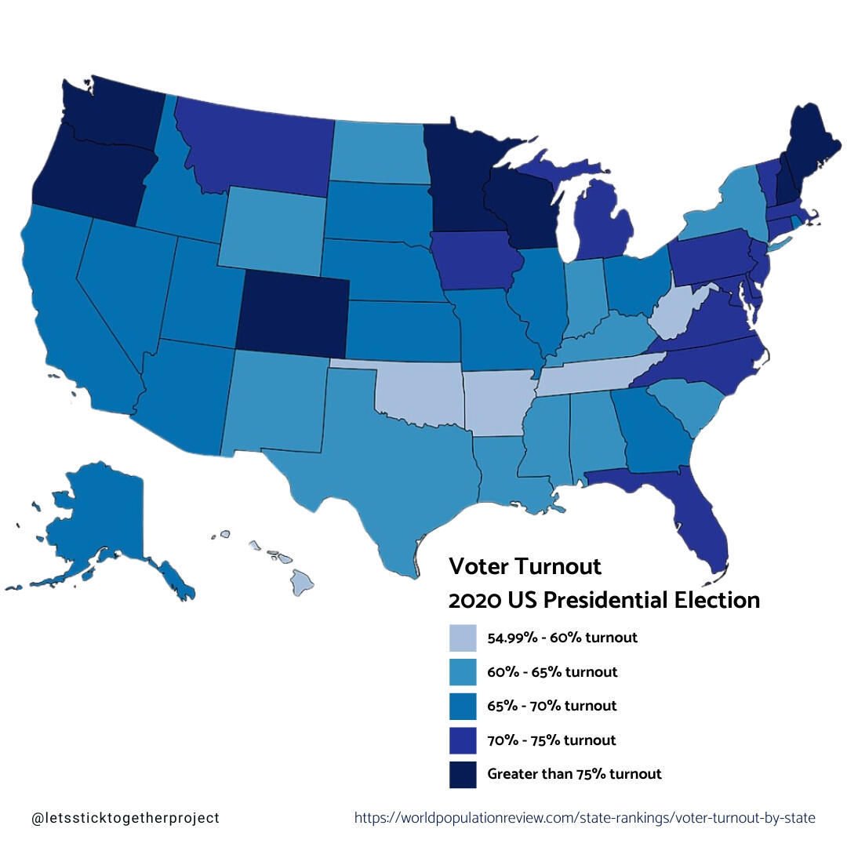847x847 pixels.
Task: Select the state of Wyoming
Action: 271,227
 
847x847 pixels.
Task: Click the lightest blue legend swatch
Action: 463,638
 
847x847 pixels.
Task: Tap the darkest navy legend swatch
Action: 463,774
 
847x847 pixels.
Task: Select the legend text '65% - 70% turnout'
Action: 551,706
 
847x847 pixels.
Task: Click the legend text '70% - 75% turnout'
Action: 551,740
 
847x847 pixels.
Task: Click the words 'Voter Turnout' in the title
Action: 525,566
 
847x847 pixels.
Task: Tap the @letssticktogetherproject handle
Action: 125,818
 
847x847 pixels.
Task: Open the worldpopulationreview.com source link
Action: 585,818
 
